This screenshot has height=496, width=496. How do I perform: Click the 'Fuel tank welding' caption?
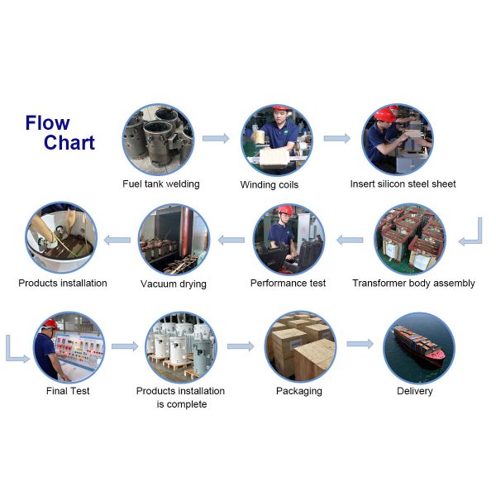161,184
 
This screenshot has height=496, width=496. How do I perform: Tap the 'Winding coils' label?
269,184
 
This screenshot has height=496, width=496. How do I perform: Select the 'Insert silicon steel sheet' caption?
403,184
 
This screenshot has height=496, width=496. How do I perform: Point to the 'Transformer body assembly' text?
413,283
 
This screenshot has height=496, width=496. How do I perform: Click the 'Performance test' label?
288,283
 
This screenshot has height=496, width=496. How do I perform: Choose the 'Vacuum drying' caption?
174,284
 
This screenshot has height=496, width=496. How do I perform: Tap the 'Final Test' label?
68,390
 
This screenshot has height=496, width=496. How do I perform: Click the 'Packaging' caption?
298,390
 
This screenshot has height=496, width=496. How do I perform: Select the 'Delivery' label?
415,390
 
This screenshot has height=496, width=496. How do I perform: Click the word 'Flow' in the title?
47,123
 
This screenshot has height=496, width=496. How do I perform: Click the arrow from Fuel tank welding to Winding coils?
216,138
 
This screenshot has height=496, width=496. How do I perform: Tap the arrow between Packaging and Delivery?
360,343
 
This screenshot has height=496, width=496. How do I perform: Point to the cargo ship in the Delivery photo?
417,341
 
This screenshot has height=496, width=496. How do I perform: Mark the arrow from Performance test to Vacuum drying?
231,240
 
